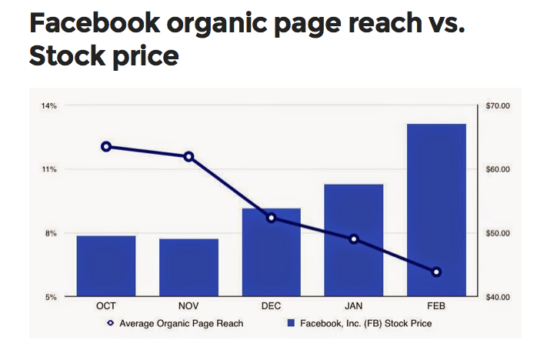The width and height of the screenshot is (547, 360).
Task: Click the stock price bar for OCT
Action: coord(106,266)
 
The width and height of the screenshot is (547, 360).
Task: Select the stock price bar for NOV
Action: coord(188,268)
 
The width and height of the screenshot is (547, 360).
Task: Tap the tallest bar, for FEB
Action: coord(436,210)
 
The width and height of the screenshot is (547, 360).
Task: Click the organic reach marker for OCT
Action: coord(106,147)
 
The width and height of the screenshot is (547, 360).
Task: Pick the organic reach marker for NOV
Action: coord(188,157)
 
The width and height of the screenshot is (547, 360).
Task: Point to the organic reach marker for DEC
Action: coord(272,218)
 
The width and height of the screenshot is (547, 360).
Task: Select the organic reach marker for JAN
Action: coord(354,239)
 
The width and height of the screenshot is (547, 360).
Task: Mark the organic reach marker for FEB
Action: coord(436,272)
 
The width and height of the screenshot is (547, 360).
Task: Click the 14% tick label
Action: coord(49,105)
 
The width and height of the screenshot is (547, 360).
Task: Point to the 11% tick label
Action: coord(49,169)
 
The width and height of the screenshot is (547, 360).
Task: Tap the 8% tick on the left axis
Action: coord(51,233)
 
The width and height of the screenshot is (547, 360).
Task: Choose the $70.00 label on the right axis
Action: coord(498,105)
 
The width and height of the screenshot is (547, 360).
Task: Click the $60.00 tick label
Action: coord(498,169)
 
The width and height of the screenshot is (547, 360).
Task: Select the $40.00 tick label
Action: coord(498,297)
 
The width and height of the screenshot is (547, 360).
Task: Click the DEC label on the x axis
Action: coord(271,306)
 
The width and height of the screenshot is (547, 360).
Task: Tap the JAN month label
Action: coord(354,306)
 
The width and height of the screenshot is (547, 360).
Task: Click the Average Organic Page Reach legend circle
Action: coord(111,323)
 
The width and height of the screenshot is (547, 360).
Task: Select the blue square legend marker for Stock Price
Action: coord(291,323)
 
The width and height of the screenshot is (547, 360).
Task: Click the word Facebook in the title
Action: coord(95,22)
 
